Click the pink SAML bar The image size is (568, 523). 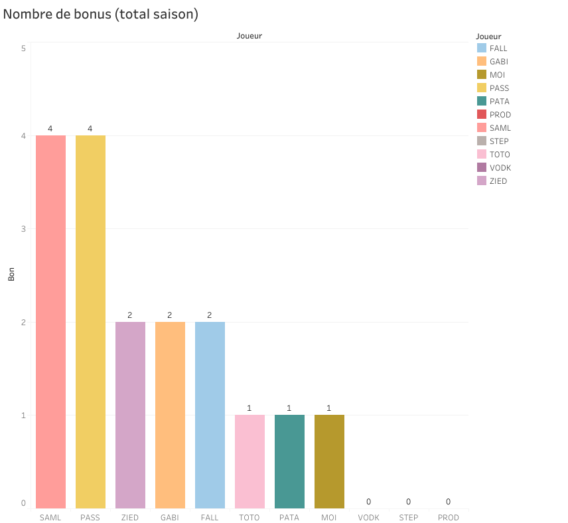pyautogui.click(x=50, y=322)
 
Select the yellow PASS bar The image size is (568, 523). pyautogui.click(x=90, y=322)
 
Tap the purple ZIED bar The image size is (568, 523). pyautogui.click(x=130, y=415)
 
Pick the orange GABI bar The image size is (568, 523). pyautogui.click(x=170, y=415)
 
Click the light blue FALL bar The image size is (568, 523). pyautogui.click(x=210, y=415)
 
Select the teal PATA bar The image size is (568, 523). pyautogui.click(x=289, y=461)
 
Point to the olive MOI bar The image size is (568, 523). pyautogui.click(x=329, y=461)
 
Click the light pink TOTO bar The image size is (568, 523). pyautogui.click(x=249, y=461)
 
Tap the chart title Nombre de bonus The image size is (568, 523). pyautogui.click(x=101, y=14)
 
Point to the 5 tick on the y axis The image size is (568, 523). pyautogui.click(x=23, y=48)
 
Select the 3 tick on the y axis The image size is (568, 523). pyautogui.click(x=23, y=229)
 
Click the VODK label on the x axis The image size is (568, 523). pyautogui.click(x=369, y=518)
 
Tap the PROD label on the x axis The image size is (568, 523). pyautogui.click(x=449, y=518)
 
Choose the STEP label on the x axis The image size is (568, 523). pyautogui.click(x=409, y=518)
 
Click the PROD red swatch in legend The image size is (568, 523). pyautogui.click(x=482, y=115)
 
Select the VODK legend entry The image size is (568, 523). pyautogui.click(x=500, y=168)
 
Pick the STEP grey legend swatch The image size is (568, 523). pyautogui.click(x=482, y=141)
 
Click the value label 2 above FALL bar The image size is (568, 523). pyautogui.click(x=210, y=315)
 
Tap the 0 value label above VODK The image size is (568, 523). pyautogui.click(x=369, y=502)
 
